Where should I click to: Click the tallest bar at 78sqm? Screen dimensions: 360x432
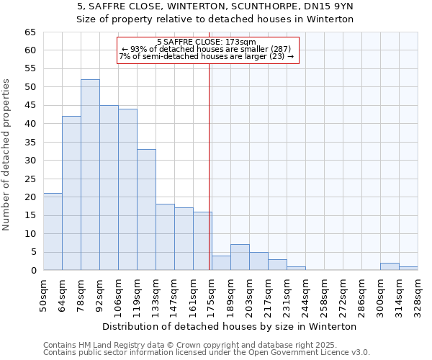(x=90, y=175)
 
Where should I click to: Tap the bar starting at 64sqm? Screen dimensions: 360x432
(x=71, y=193)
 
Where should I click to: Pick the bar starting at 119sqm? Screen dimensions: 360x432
(x=146, y=210)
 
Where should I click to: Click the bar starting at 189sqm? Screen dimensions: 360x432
(x=240, y=258)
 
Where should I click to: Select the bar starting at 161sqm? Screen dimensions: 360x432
(x=202, y=241)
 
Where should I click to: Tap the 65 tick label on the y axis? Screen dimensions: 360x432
(x=30, y=32)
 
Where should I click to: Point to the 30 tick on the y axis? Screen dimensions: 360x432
(x=30, y=161)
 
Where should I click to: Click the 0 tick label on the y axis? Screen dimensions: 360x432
(x=32, y=271)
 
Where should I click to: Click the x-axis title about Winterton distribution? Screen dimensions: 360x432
(x=230, y=326)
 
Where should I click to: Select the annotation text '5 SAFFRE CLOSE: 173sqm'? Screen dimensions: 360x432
(x=206, y=42)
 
